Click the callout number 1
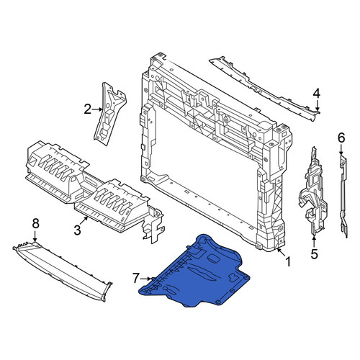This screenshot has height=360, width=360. tap(288, 261)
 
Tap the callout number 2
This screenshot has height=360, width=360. tap(88, 109)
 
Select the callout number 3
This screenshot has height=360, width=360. tap(77, 230)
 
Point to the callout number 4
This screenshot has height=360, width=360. tap(317, 94)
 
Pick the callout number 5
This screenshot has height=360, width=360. tap(314, 254)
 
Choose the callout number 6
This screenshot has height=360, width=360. tap(341, 138)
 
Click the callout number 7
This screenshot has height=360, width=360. tap(136, 279)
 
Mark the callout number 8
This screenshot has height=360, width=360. tap(35, 224)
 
